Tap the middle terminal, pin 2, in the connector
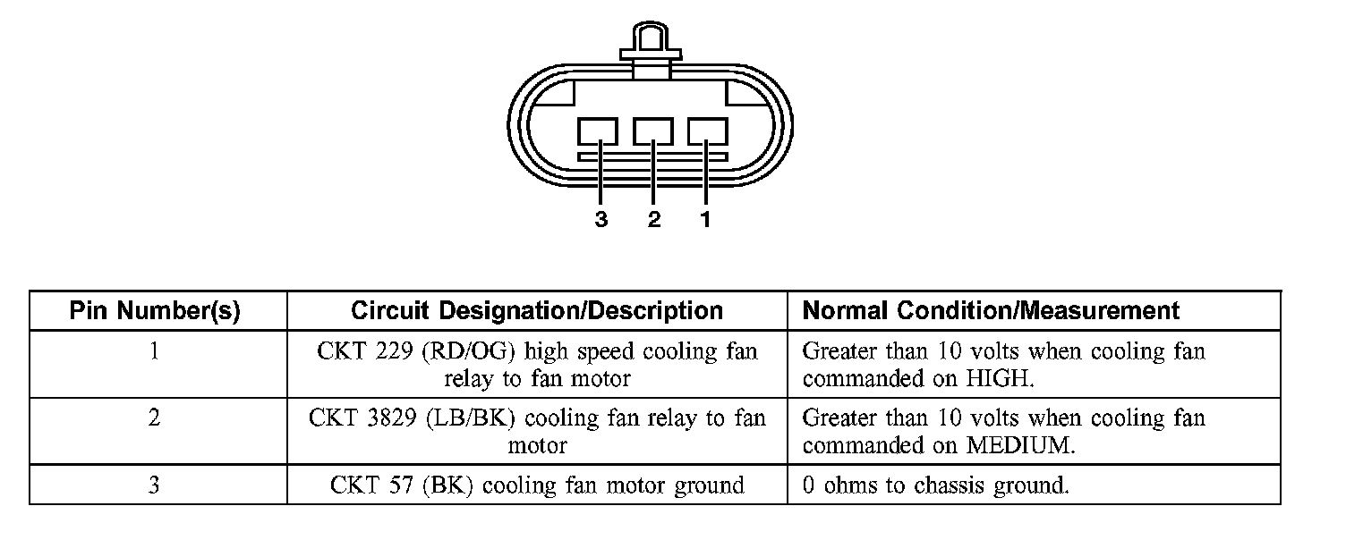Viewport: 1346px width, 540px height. point(652,132)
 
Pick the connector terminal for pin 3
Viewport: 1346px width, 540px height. point(597,132)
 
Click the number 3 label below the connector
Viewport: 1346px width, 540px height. point(601,219)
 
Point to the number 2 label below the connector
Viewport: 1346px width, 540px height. point(654,219)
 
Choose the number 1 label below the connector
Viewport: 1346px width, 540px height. point(705,219)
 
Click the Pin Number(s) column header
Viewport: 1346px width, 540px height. point(155,311)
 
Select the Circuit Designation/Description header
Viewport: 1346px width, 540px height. point(537,311)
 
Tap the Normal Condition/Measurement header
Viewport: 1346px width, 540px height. point(991,311)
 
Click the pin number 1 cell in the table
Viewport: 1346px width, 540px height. point(155,351)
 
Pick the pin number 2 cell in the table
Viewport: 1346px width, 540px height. point(155,418)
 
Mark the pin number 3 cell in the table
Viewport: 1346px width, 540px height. point(155,485)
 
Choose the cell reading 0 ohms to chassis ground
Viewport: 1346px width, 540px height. point(935,485)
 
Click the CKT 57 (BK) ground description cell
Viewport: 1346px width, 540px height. point(537,485)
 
